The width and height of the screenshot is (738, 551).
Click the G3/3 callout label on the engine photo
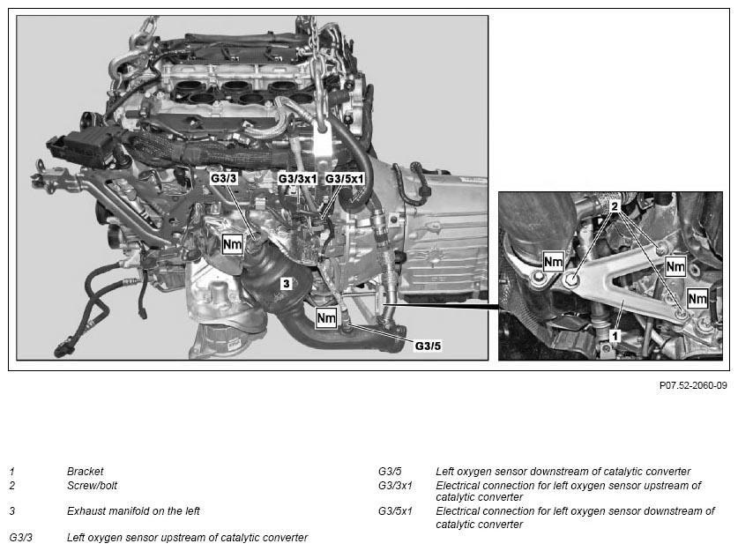[224, 178]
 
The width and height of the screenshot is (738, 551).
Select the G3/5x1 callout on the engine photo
[343, 178]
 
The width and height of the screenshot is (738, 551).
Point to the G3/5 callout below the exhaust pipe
[427, 346]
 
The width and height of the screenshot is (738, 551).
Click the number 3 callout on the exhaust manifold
[285, 284]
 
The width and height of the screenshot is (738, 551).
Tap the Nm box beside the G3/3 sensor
[232, 244]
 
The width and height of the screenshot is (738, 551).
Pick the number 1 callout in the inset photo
[615, 337]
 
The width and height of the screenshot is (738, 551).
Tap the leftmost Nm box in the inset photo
[553, 262]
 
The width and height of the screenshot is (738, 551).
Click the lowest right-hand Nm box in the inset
[697, 299]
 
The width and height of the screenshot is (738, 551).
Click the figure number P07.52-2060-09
[692, 385]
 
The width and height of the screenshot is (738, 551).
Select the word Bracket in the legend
[85, 472]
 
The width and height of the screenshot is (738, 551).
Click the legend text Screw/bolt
[92, 485]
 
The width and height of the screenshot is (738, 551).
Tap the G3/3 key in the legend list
[22, 537]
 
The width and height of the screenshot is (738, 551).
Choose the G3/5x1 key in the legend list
[396, 510]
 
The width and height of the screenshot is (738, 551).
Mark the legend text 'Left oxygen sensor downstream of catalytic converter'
[563, 472]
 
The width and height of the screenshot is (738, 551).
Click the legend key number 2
[12, 485]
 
